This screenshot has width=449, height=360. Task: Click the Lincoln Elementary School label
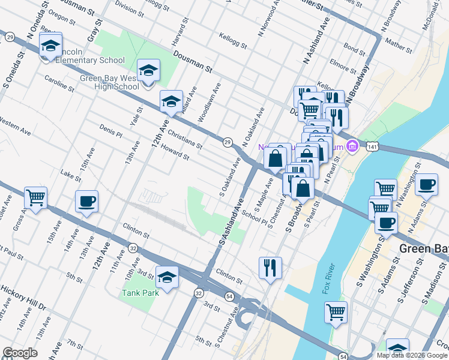[x=88, y=61]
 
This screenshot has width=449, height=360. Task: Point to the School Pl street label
[x=255, y=217]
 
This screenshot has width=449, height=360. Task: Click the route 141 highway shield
[x=373, y=146]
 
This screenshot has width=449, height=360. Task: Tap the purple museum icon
[x=352, y=146]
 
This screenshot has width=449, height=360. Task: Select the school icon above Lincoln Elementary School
[x=51, y=46]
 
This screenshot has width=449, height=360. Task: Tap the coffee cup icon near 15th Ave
[x=86, y=202]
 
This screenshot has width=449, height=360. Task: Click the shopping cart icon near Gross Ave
[x=35, y=197]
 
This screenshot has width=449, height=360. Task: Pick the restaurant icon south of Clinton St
[x=270, y=268]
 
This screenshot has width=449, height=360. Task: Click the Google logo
[x=20, y=353]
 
